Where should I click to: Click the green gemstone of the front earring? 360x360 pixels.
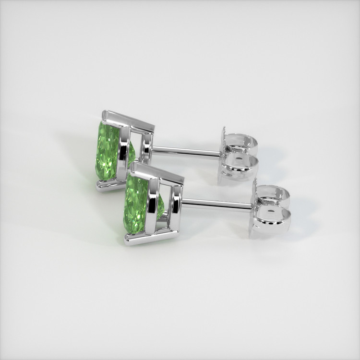click(x=136, y=204)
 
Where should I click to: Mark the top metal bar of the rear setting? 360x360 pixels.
click(x=129, y=120)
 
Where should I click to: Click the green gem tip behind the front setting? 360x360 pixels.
click(x=161, y=206)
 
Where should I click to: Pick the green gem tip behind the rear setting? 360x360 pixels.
click(x=132, y=154)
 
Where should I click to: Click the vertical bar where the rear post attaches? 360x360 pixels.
click(x=147, y=148)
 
